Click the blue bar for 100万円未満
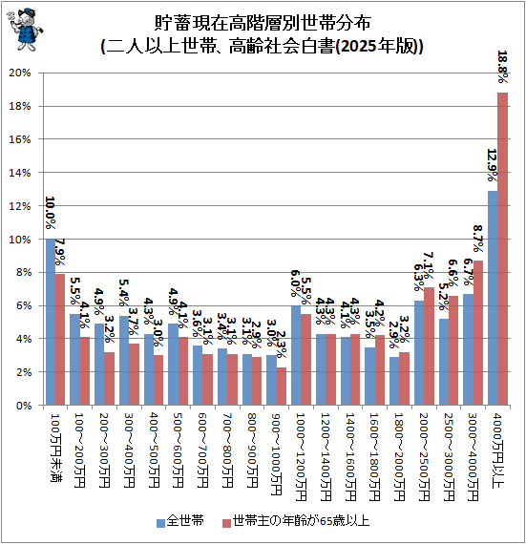point(51,322)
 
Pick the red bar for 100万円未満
point(60,339)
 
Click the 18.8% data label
point(503,69)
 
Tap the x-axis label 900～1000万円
point(276,453)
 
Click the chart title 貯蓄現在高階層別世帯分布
point(263,22)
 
